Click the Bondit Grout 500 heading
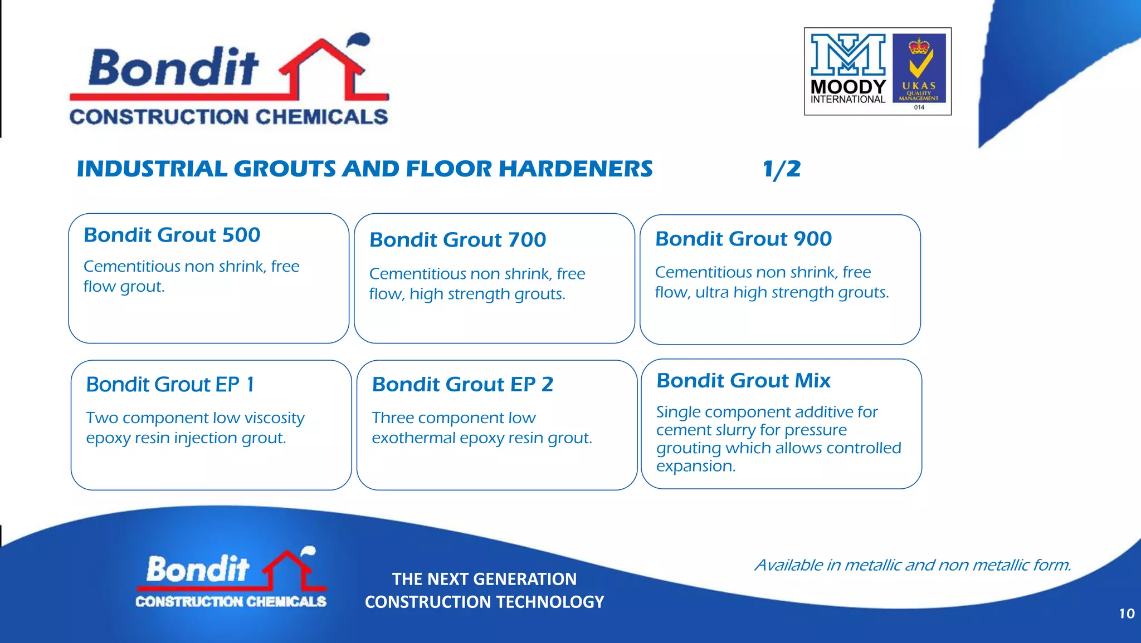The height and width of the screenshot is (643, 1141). [172, 235]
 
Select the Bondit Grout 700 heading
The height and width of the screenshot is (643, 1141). [457, 240]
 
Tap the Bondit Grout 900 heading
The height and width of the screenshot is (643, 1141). [743, 239]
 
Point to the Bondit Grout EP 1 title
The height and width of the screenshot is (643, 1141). [170, 384]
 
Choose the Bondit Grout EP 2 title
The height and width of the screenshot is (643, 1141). [462, 384]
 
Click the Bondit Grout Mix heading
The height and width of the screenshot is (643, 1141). [743, 381]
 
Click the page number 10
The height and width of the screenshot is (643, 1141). [1127, 613]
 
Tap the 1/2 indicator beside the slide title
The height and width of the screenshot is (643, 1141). [781, 169]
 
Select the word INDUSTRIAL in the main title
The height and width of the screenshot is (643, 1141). [152, 169]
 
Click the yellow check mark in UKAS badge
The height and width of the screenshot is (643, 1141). [919, 66]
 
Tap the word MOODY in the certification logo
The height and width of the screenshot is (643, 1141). [847, 87]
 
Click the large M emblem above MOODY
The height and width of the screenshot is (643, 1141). [847, 55]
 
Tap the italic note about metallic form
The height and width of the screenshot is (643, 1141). [913, 565]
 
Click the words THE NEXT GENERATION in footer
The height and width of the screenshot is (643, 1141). [484, 579]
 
